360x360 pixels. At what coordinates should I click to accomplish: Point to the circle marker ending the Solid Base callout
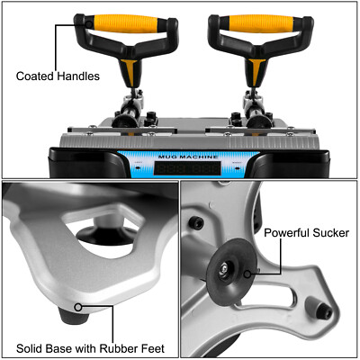(79, 307)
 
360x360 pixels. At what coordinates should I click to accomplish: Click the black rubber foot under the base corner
(68, 314)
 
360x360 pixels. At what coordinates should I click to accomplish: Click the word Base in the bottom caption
(65, 346)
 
